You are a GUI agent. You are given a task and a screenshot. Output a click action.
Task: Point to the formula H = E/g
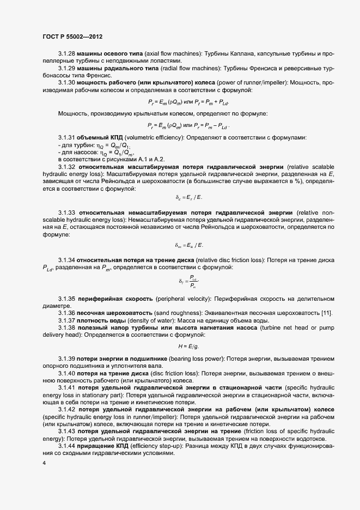coord(188,347)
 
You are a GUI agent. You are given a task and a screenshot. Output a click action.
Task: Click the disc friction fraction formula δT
coord(188,281)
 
